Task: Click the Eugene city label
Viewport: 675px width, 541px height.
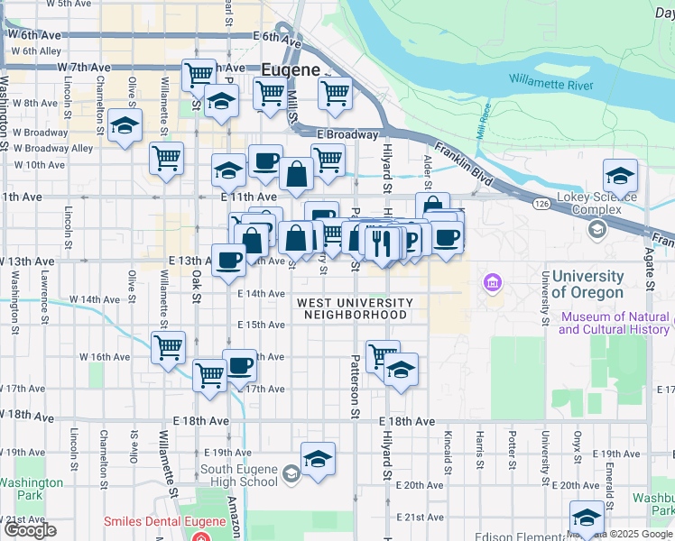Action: click(x=291, y=69)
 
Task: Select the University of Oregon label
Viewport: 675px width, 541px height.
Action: click(x=587, y=284)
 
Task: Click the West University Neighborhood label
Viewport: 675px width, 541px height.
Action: click(x=355, y=308)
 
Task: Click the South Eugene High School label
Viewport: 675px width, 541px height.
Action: click(x=239, y=475)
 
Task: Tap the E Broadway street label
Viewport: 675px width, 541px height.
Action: click(x=347, y=134)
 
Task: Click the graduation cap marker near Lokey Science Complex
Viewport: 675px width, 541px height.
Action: click(x=620, y=175)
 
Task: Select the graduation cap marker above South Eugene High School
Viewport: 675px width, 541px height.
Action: click(x=318, y=458)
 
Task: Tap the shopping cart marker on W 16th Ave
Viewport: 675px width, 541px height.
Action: click(x=168, y=346)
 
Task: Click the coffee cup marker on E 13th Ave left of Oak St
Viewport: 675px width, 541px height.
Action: click(x=228, y=260)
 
